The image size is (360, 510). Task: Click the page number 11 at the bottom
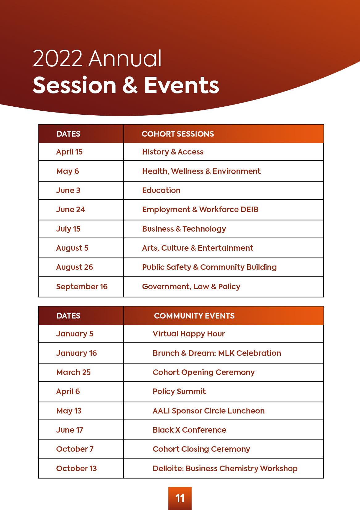pyautogui.click(x=180, y=498)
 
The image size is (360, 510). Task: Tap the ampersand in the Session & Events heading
pyautogui.click(x=130, y=85)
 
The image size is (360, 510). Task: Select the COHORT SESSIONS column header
pyautogui.click(x=178, y=134)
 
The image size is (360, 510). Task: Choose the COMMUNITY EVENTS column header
pyautogui.click(x=194, y=316)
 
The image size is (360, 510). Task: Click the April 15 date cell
pyautogui.click(x=69, y=152)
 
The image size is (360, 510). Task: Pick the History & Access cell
pyautogui.click(x=173, y=152)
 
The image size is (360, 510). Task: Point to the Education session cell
pyautogui.click(x=161, y=190)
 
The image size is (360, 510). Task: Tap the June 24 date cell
pyautogui.click(x=70, y=209)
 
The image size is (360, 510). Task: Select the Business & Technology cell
pyautogui.click(x=184, y=229)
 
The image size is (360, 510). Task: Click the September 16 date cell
pyautogui.click(x=82, y=286)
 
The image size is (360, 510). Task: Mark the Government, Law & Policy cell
pyautogui.click(x=191, y=286)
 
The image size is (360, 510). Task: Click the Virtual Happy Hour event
pyautogui.click(x=189, y=334)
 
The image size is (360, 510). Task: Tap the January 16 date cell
pyautogui.click(x=77, y=353)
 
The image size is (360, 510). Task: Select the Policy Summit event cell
pyautogui.click(x=179, y=391)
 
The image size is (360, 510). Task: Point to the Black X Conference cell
pyautogui.click(x=189, y=430)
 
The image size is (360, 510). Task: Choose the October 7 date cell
pyautogui.click(x=75, y=449)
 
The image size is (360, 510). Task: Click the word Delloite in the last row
pyautogui.click(x=168, y=468)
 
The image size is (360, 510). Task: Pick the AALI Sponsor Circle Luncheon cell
pyautogui.click(x=209, y=411)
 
